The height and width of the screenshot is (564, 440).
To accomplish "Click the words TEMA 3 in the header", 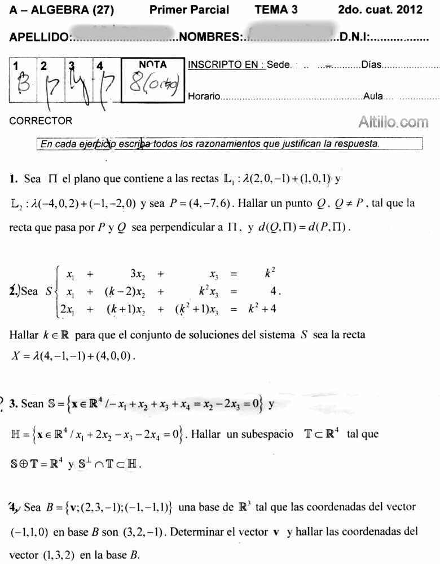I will [276, 10].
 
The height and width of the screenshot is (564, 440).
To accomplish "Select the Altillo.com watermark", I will [393, 122].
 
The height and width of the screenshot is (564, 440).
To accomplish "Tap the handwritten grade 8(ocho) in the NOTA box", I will [153, 86].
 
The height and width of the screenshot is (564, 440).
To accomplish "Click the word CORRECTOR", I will [41, 121].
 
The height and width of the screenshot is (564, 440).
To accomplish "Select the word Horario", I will [204, 97].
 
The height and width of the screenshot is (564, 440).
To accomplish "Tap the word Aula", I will [373, 96].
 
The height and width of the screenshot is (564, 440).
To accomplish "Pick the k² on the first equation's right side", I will [270, 275].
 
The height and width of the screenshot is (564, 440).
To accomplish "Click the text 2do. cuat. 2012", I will [380, 10].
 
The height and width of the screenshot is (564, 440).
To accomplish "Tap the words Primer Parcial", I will [190, 10].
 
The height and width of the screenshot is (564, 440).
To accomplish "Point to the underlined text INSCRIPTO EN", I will [226, 64].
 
